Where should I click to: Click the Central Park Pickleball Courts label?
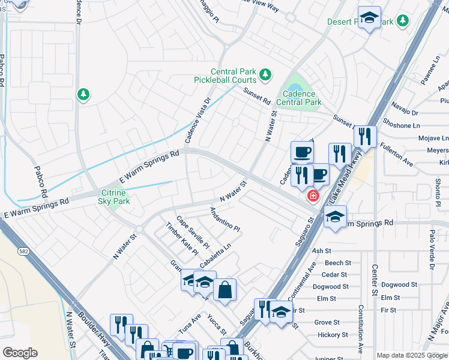tap(224, 76)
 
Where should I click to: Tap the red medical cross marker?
tap(313, 196)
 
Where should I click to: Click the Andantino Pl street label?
tap(224, 220)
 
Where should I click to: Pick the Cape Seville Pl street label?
tap(192, 232)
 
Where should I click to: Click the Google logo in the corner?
tap(20, 353)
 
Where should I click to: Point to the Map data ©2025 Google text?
tap(412, 355)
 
